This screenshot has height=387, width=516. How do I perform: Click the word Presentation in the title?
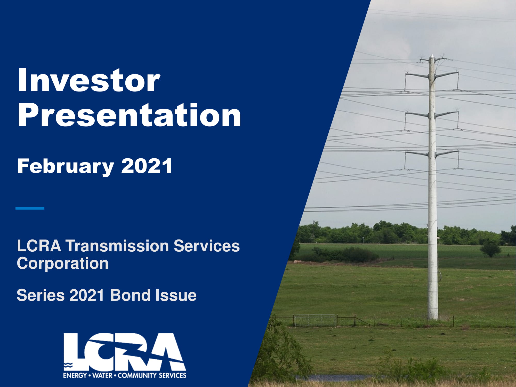tap(129, 115)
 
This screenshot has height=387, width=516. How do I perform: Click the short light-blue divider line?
tap(30, 208)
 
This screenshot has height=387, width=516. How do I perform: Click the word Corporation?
tap(63, 263)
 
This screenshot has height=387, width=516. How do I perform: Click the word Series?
tap(41, 295)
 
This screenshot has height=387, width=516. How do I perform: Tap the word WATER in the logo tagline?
tap(102, 375)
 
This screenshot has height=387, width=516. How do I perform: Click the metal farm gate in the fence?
tap(315, 320)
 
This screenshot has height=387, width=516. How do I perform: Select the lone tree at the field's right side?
tap(490, 248)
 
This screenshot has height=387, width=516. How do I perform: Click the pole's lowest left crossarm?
tap(417, 153)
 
